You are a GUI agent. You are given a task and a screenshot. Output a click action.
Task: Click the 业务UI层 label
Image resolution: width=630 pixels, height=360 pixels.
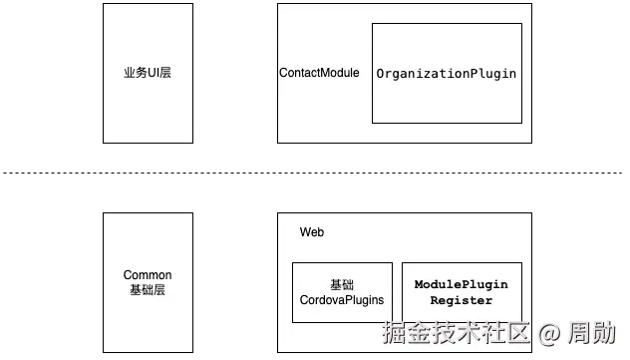(x=147, y=73)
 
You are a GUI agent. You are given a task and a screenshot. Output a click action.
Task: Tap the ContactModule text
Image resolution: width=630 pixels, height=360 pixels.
(x=319, y=74)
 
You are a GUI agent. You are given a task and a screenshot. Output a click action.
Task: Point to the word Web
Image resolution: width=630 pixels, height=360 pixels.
(x=312, y=232)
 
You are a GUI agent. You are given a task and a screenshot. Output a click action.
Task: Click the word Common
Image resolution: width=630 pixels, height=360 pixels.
(x=148, y=275)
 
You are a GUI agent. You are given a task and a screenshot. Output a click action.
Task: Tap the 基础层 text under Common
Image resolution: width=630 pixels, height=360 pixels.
(x=148, y=290)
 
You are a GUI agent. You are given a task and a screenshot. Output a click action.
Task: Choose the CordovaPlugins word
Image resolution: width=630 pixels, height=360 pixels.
(x=342, y=299)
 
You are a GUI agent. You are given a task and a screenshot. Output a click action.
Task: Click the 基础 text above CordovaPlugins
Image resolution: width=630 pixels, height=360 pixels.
(x=342, y=284)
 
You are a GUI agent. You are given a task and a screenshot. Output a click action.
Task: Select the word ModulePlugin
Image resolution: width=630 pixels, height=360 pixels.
(x=461, y=284)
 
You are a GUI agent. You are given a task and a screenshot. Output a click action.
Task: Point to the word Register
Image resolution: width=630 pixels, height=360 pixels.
(x=461, y=300)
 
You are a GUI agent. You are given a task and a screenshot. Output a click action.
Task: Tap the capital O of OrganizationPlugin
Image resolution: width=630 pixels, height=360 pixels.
(x=381, y=75)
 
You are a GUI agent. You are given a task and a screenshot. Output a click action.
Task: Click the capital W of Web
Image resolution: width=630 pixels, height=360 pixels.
(x=305, y=232)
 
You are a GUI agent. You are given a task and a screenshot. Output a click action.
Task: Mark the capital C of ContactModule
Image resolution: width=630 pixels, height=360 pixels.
(x=284, y=74)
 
